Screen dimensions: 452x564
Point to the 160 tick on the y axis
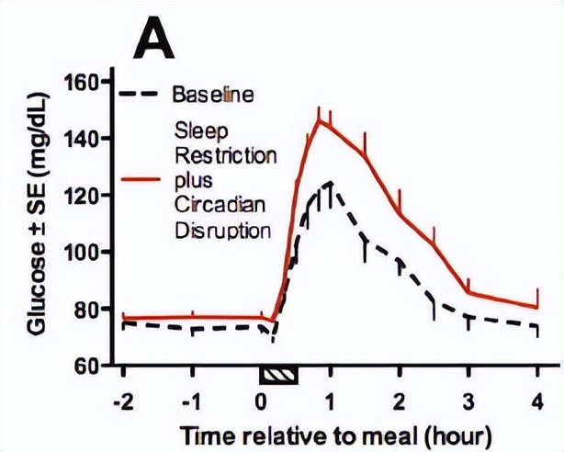[82, 82]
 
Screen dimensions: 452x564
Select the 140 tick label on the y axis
[82, 139]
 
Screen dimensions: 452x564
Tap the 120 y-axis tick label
[82, 195]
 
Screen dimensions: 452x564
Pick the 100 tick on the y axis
[82, 252]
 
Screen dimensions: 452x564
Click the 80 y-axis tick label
[86, 309]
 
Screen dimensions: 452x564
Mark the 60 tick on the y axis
[86, 366]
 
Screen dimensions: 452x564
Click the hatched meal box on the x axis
[277, 374]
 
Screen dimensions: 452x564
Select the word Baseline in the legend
[213, 94]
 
